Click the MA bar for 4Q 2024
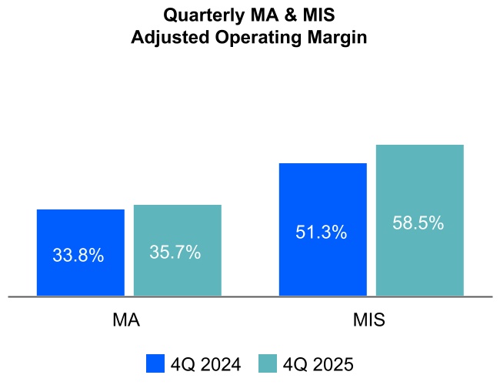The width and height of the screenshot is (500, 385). click(x=80, y=231)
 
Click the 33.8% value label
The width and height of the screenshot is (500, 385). click(x=78, y=256)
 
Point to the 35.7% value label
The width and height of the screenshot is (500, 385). click(x=175, y=252)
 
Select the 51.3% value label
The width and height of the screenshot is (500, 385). click(x=322, y=232)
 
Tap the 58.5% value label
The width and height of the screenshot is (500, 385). click(x=418, y=223)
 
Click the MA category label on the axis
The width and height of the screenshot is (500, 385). click(x=126, y=320)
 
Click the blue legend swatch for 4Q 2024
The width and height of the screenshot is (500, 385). click(x=155, y=363)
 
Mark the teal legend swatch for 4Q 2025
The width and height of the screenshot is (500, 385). click(x=268, y=363)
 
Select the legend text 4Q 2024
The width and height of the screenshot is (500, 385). click(x=205, y=363)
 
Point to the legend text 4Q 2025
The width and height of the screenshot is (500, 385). click(x=318, y=363)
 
